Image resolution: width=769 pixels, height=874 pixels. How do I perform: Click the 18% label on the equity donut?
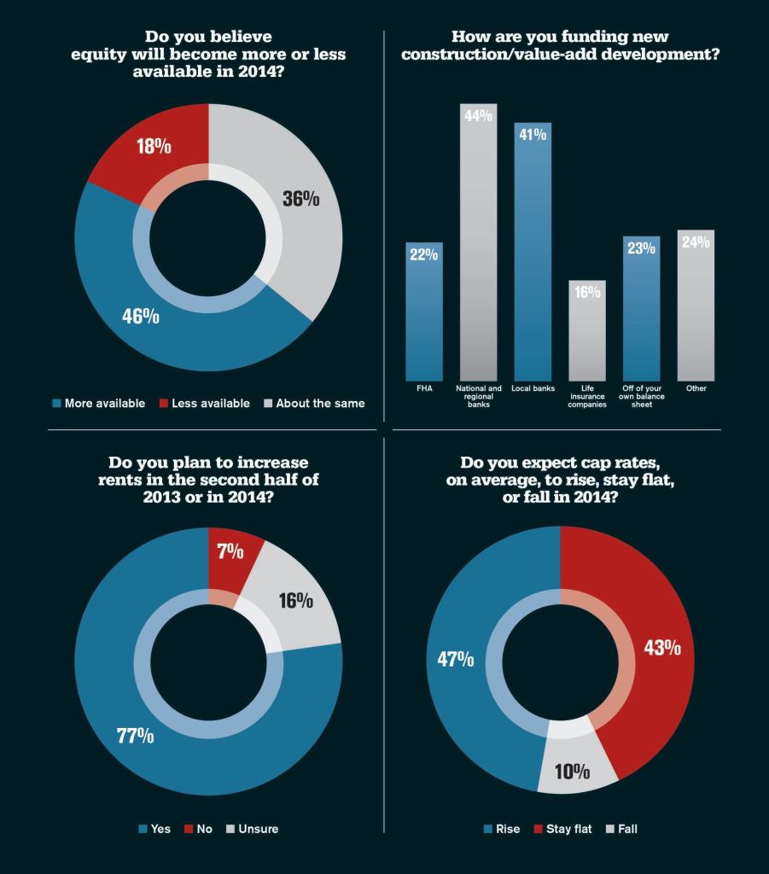point(154,147)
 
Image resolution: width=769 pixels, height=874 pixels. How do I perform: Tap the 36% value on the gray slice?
point(300,199)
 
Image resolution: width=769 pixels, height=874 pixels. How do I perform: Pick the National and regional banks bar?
point(478,248)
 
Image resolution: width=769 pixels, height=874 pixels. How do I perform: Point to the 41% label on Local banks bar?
point(533,135)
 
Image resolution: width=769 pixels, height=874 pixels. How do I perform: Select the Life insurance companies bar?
point(587,333)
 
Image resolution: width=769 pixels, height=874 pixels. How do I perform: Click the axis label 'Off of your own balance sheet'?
point(641,396)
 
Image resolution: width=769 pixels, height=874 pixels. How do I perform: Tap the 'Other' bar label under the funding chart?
point(696,388)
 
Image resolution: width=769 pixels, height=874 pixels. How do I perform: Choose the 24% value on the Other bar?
point(696,242)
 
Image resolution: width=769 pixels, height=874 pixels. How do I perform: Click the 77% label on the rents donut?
point(136,735)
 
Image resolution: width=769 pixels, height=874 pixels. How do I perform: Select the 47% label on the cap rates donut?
point(456,659)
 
